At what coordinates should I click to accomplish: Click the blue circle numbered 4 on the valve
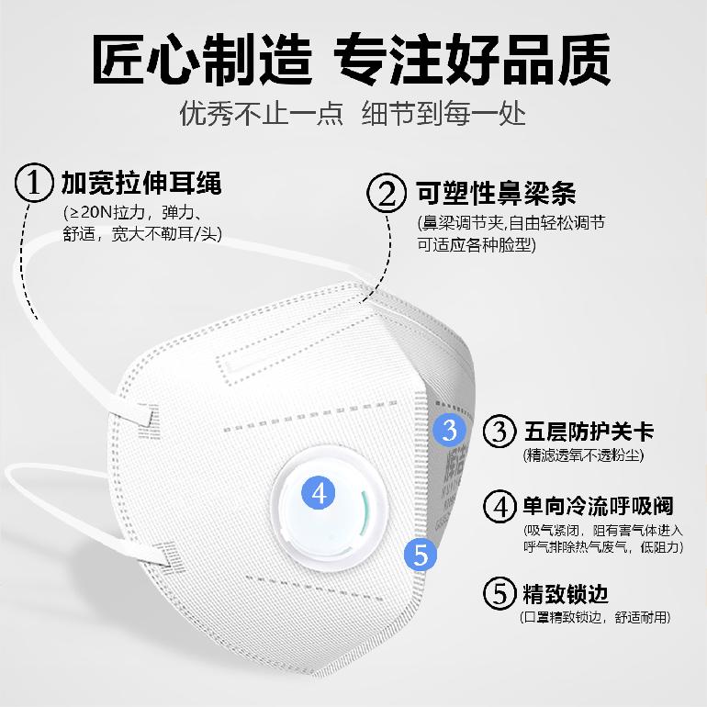click(318, 493)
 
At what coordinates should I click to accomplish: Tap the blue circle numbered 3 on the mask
click(450, 430)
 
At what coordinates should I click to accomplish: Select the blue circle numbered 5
click(421, 554)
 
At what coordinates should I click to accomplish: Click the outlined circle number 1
click(34, 183)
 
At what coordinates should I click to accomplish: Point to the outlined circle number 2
click(387, 193)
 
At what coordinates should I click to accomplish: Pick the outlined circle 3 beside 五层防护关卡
click(499, 432)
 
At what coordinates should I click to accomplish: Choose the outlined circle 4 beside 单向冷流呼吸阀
click(499, 506)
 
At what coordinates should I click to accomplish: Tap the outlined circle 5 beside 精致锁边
click(499, 593)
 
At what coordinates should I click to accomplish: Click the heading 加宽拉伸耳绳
click(141, 183)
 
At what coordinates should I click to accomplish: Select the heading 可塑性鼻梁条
click(496, 194)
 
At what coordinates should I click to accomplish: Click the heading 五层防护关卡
click(589, 432)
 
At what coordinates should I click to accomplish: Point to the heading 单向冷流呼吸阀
click(599, 506)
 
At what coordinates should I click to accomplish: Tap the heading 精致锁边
click(566, 593)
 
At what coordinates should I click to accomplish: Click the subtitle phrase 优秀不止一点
click(261, 113)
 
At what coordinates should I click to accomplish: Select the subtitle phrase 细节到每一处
click(443, 113)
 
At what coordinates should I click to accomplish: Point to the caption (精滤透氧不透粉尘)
click(583, 454)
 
